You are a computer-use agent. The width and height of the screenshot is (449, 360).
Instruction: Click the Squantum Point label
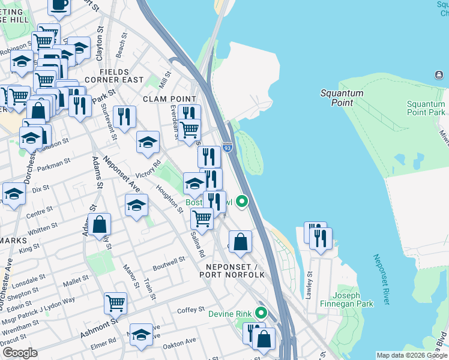(x=342, y=98)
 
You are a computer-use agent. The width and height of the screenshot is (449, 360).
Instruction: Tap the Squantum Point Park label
(x=426, y=108)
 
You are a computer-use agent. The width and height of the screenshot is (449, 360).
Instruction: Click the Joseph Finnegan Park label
(x=354, y=299)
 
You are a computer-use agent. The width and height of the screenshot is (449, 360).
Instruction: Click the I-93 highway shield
(x=227, y=147)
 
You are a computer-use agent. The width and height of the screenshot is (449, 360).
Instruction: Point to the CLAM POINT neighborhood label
(x=169, y=99)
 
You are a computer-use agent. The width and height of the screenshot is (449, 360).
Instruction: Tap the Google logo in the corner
(x=20, y=353)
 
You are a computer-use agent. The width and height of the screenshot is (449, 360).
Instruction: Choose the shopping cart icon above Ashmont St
(x=115, y=303)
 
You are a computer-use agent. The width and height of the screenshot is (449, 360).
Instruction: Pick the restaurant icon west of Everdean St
(x=124, y=116)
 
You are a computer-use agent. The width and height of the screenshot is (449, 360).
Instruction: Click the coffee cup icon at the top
(x=59, y=5)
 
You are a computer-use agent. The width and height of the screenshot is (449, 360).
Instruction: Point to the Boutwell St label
(x=169, y=262)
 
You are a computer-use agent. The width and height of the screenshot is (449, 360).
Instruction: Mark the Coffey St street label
(x=191, y=310)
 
